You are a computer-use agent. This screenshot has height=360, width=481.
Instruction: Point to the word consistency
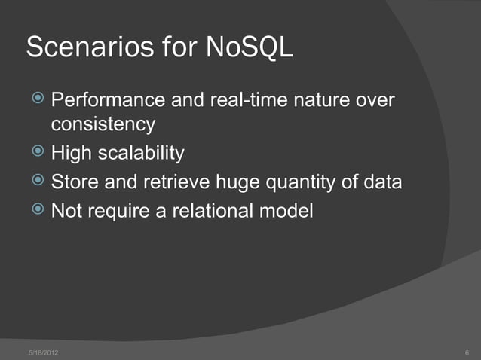click(x=103, y=123)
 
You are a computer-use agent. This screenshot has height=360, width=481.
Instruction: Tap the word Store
click(x=72, y=182)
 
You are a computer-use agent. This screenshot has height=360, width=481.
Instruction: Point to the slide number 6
click(x=467, y=352)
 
